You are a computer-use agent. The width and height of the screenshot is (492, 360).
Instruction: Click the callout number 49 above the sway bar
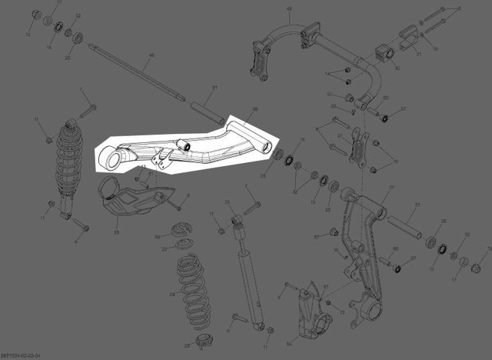click(289, 9)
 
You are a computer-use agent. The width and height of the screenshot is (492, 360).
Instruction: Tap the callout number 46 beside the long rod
click(151, 55)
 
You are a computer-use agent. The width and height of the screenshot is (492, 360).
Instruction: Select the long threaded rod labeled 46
click(138, 73)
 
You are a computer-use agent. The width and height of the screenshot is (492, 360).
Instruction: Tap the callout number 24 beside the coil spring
click(172, 294)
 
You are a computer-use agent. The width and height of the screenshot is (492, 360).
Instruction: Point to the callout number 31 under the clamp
click(418, 55)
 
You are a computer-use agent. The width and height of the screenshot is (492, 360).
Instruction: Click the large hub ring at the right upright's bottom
click(374, 312)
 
